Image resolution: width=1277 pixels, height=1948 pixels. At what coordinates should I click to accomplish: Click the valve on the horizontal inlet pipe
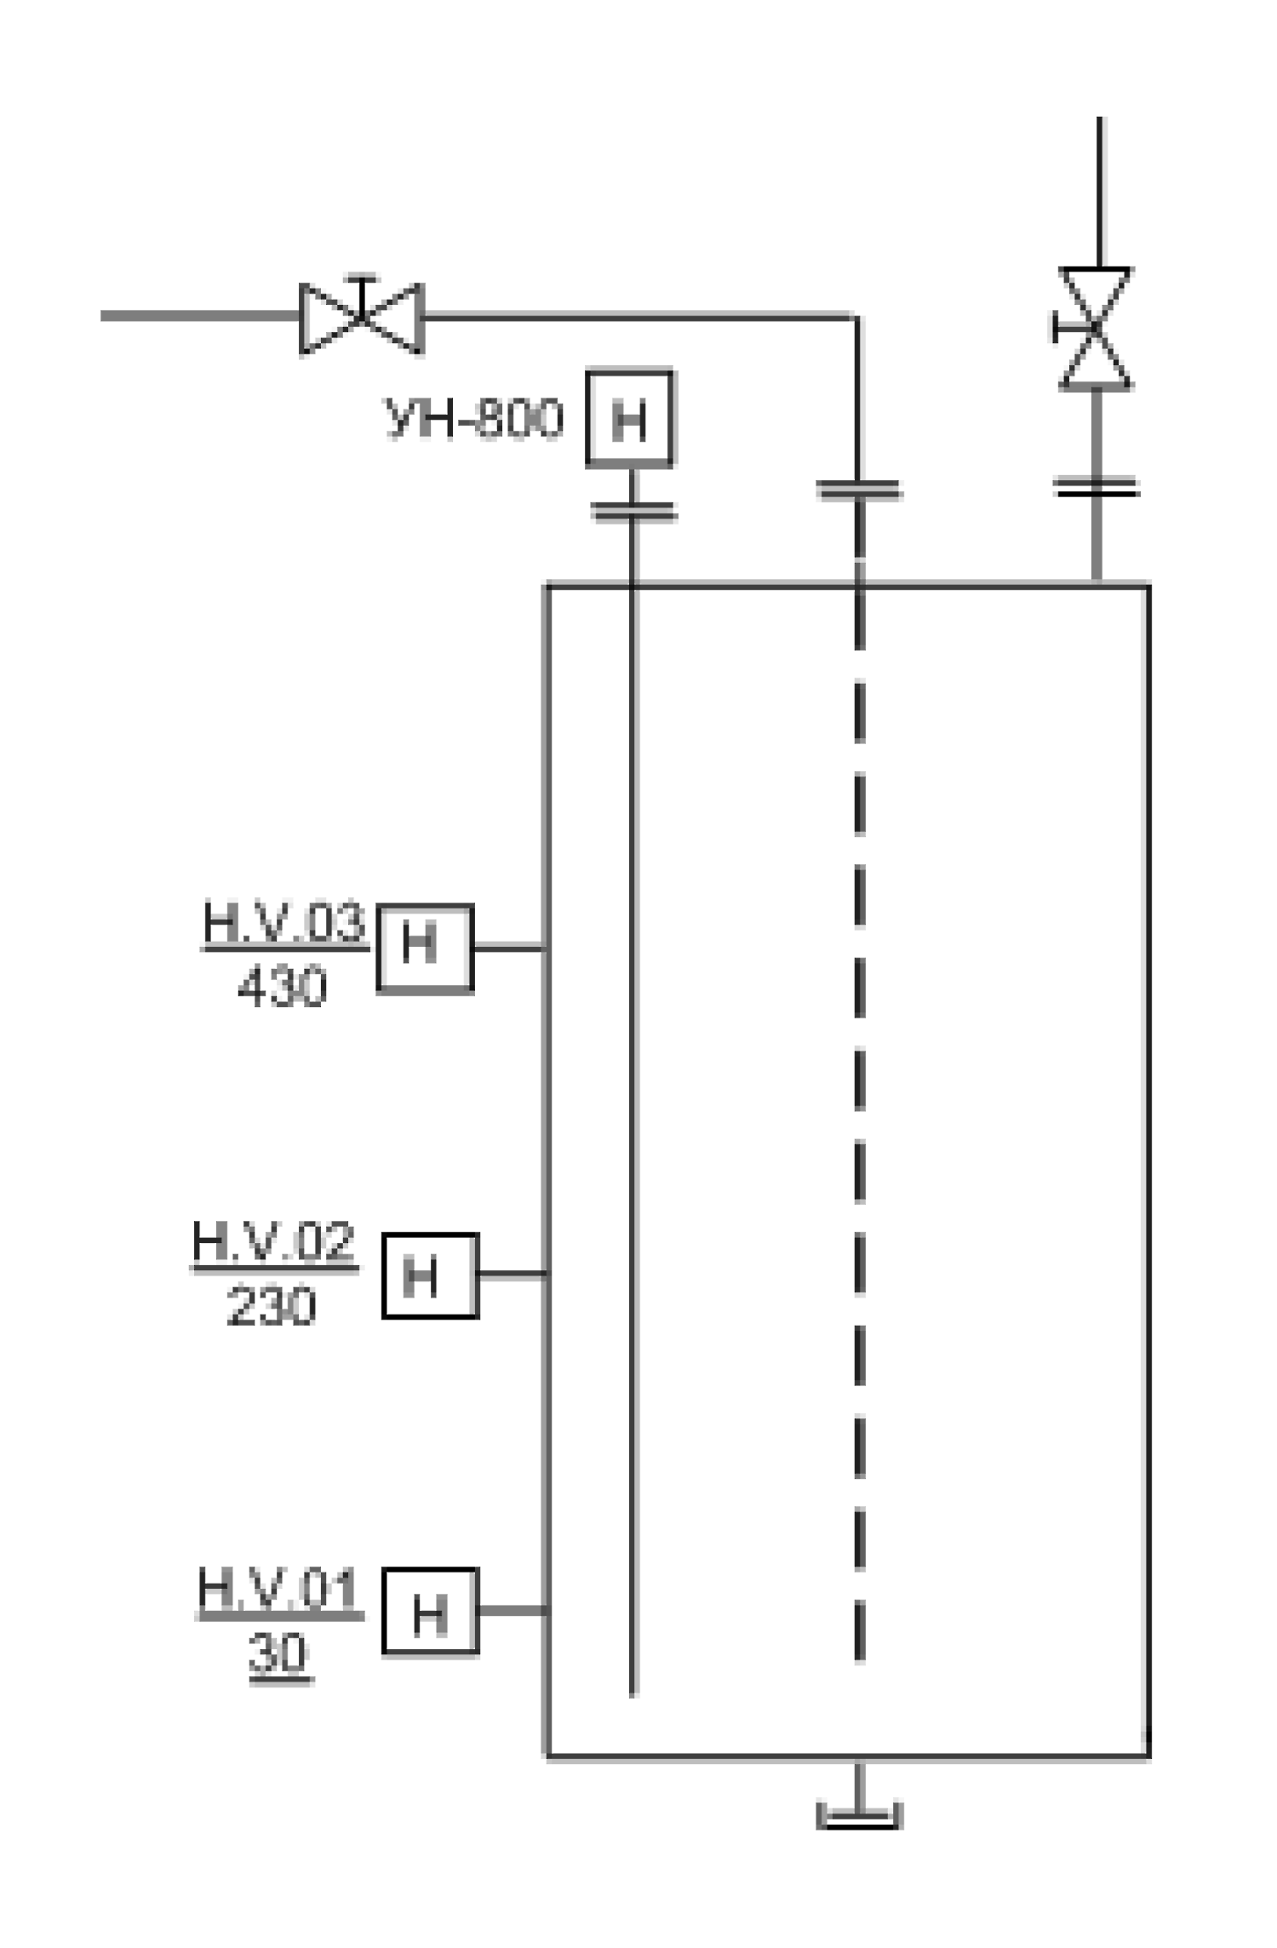coord(362,316)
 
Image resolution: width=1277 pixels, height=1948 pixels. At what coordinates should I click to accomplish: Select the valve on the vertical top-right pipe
coord(1095,329)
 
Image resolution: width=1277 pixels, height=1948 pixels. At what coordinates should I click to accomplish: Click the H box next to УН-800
coord(630,418)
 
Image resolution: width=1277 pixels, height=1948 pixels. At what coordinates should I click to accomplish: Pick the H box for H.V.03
coord(425,948)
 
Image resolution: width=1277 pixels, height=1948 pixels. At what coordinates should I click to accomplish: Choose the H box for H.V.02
coord(430,1275)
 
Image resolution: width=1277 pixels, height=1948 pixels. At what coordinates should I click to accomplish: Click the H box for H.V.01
coord(430,1611)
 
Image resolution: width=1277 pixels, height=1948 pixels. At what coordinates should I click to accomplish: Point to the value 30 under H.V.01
coord(278,1654)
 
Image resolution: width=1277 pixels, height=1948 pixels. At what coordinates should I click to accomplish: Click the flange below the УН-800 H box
coord(633,511)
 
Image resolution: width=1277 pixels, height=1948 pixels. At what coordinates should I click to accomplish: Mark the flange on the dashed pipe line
coord(858,490)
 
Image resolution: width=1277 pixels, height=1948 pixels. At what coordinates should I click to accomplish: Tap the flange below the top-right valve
coord(1096,487)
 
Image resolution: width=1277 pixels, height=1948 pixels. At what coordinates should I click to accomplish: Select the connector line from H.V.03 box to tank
coord(509,947)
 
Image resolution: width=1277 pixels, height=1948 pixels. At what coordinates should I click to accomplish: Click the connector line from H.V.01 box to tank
coord(513,1610)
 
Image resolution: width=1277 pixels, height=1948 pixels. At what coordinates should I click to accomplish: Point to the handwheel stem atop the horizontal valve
coord(362,295)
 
